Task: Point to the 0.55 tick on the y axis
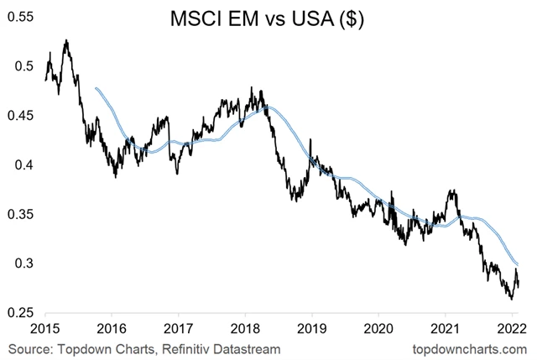coord(18,17)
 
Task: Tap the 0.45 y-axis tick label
coord(18,116)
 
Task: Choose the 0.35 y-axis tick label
coord(18,215)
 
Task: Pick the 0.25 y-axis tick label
coord(18,313)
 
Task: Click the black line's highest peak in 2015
coord(66,39)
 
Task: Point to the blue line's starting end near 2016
coord(97,88)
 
